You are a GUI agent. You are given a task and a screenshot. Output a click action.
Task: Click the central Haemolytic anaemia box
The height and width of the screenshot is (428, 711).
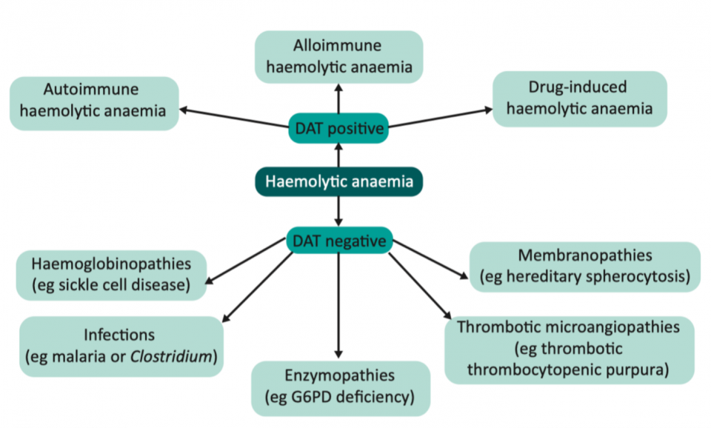coord(338,181)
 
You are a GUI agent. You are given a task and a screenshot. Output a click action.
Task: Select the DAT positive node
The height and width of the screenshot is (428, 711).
coord(338,130)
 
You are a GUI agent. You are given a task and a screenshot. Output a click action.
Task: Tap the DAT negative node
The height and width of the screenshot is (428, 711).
coord(338,241)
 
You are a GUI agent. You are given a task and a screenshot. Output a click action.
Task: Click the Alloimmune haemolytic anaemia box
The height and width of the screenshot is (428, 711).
coord(338,56)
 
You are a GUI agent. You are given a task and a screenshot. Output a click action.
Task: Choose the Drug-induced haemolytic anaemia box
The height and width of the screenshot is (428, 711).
coord(579,98)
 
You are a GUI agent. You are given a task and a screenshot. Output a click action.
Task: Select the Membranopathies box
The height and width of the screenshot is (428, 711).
coord(585,267)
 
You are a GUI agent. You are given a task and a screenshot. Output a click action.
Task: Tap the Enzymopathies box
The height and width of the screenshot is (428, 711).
coord(340,387)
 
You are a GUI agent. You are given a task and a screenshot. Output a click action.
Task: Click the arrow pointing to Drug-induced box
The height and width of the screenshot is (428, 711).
coord(441,118)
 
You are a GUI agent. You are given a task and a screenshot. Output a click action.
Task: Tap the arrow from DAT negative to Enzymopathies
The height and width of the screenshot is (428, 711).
coord(338,304)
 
